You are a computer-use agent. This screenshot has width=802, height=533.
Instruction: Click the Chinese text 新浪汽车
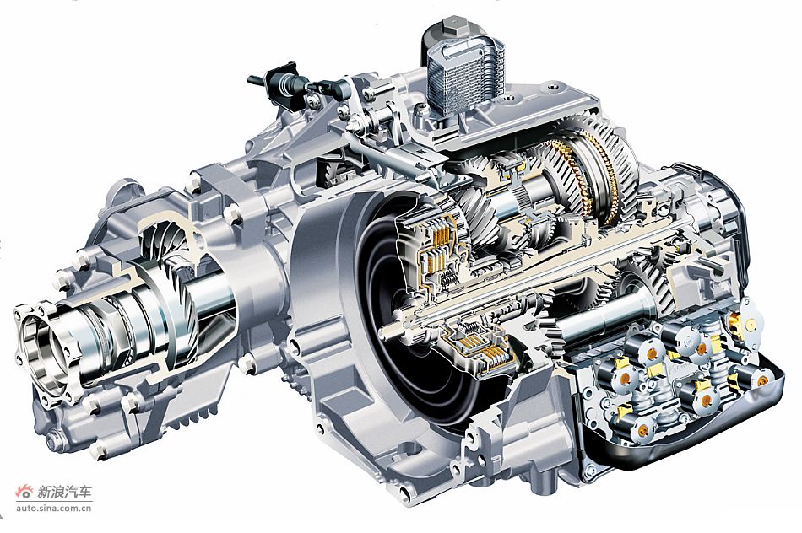(65, 493)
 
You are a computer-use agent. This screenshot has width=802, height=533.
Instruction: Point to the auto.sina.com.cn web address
(54, 508)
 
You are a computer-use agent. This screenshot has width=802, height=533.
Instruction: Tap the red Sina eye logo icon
(24, 493)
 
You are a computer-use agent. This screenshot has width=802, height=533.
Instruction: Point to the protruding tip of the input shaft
(382, 332)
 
